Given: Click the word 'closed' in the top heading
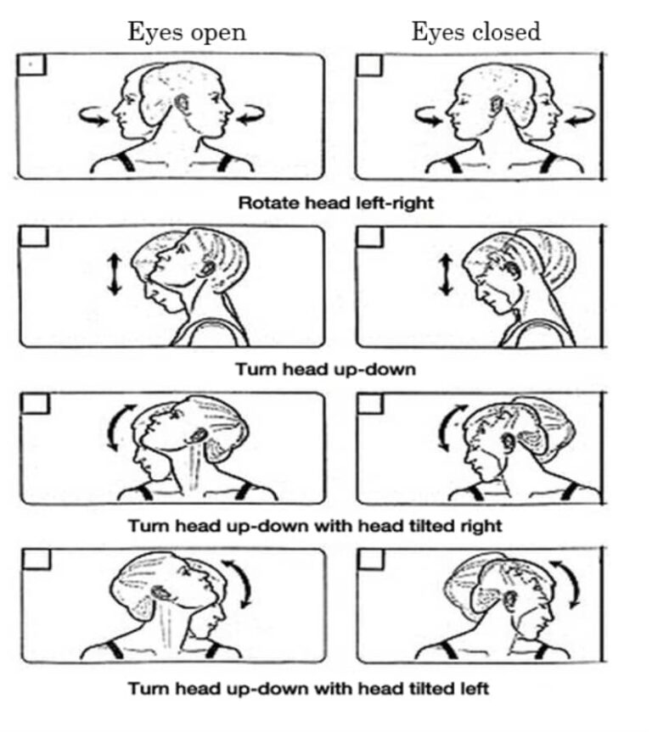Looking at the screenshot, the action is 507,32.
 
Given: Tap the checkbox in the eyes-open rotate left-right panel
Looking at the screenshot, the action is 31,64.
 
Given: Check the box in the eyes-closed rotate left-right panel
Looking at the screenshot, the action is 369,65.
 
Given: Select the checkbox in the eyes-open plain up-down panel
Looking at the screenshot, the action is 34,236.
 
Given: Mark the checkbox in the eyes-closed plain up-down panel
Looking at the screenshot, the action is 370,237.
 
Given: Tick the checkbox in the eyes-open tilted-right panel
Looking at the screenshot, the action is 35,404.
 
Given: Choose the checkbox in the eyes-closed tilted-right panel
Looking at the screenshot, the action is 371,404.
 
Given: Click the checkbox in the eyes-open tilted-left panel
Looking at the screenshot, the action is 36,559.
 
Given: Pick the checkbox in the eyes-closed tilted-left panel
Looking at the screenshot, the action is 371,559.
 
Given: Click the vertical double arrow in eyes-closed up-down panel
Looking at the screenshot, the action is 447,274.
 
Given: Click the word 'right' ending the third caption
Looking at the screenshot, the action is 481,527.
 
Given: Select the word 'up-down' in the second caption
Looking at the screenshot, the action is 375,370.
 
